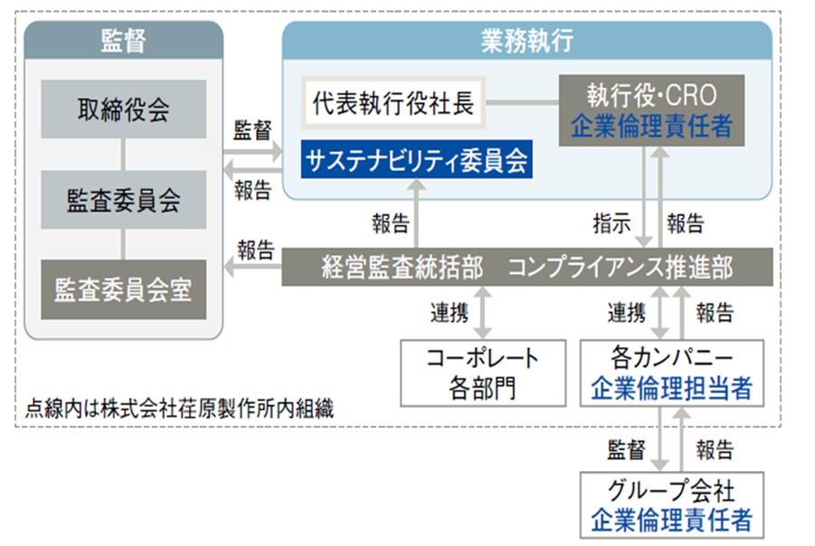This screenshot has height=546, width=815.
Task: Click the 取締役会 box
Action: coord(123,109)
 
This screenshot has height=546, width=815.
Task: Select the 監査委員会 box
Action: coord(123,200)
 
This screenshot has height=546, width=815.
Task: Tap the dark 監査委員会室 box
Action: coord(123,289)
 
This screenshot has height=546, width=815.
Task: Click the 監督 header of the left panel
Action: coord(123,40)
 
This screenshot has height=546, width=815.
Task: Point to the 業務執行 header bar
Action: coord(526,40)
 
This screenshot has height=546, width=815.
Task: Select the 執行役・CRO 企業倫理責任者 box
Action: coord(651,110)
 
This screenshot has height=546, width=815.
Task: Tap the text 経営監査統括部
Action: coord(403,268)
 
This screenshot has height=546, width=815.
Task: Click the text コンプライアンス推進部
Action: coord(620,268)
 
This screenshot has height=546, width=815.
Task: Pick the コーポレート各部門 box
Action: coord(483,372)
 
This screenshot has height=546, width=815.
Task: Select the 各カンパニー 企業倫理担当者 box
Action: coord(671,372)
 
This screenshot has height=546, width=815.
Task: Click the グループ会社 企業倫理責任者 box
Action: coord(671,506)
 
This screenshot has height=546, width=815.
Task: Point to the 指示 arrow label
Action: coord(611,223)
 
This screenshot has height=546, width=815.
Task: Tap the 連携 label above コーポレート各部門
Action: coord(449,314)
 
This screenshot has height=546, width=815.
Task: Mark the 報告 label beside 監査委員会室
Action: coord(255,249)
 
